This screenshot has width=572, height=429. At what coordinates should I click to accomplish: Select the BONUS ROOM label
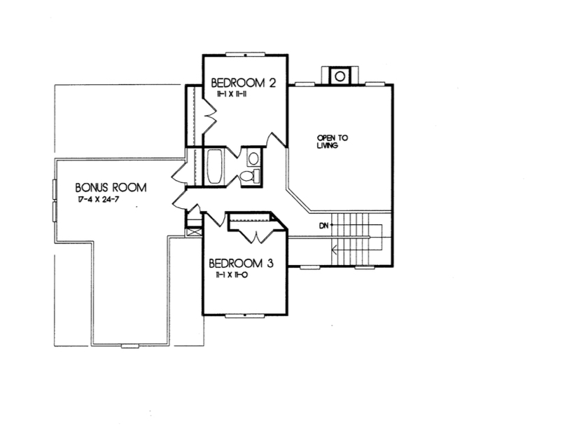(111, 188)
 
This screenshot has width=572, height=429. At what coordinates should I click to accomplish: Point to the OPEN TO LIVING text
(328, 142)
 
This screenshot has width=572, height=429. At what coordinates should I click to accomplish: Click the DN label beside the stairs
(323, 225)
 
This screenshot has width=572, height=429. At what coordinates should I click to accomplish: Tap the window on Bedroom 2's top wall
(245, 55)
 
